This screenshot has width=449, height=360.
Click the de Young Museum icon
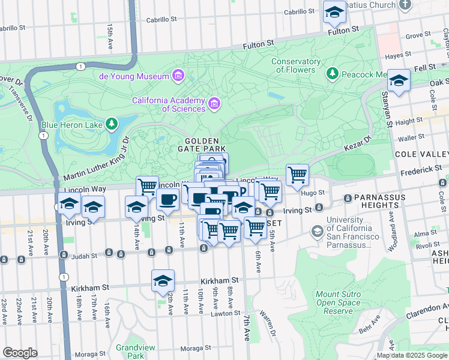178,76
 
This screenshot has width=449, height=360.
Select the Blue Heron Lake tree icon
111,124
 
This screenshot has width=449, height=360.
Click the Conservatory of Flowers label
296,65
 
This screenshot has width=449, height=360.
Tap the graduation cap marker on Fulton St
334,12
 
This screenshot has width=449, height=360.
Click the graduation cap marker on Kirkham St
163,281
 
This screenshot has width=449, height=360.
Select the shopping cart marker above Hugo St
297,175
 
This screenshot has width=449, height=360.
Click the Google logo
20,353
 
